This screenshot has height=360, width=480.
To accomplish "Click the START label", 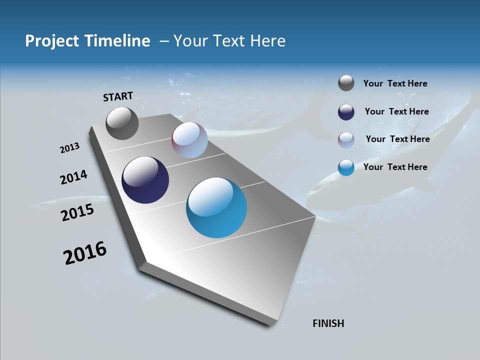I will (118, 96).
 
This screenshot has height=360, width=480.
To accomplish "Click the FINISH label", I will (328, 323).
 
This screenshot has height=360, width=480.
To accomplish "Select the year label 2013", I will (69, 148).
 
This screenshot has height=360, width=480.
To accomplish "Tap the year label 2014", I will (73, 177).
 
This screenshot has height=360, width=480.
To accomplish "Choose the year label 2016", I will (85, 253).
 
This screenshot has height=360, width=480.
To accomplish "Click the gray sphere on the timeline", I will (122, 123).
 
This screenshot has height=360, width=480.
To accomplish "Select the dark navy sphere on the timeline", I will (145, 180).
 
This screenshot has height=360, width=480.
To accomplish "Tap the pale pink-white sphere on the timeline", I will (189, 140).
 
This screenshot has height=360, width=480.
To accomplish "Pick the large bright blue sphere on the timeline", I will (216, 207).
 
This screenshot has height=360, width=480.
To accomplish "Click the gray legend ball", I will (346, 83).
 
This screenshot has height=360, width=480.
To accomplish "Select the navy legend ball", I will (346, 112).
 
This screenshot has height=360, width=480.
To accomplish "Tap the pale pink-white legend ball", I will (346, 139).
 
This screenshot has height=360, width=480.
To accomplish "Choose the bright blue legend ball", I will (346, 167).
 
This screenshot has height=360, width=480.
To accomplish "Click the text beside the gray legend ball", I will (395, 84).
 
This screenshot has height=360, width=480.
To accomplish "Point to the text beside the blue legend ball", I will (395, 167).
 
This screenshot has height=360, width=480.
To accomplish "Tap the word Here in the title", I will (267, 41).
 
